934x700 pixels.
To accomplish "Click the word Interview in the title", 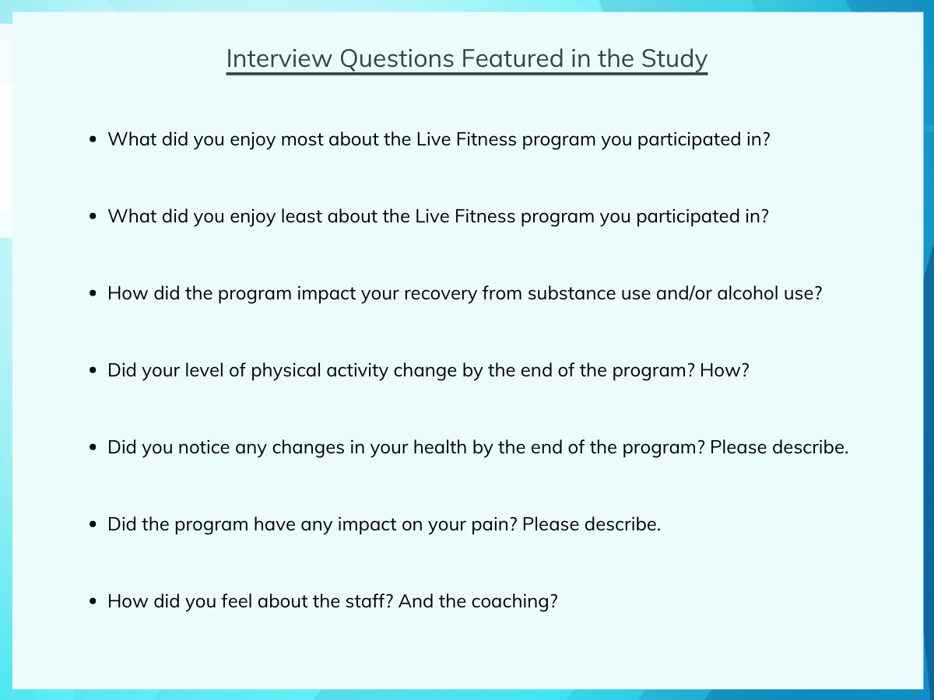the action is pyautogui.click(x=279, y=58).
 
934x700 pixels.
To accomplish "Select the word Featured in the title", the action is pyautogui.click(x=513, y=58).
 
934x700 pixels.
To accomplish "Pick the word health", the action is pyautogui.click(x=440, y=447).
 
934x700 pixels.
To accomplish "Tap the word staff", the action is pyautogui.click(x=369, y=601).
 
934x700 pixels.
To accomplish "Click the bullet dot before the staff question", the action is pyautogui.click(x=93, y=601).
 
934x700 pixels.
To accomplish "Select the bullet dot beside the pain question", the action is pyautogui.click(x=93, y=524).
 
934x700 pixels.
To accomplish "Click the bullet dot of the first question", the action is pyautogui.click(x=93, y=139).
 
